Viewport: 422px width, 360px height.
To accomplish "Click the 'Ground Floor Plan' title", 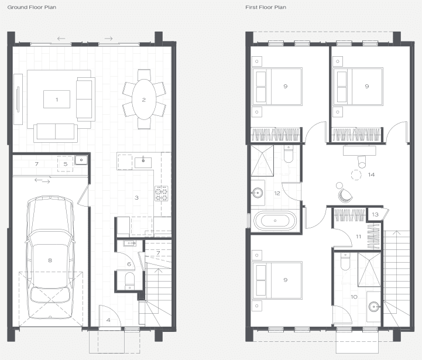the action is tap(32, 7).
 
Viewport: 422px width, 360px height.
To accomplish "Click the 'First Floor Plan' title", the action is tap(266, 7).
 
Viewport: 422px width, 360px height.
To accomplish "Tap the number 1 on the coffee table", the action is tap(57, 100).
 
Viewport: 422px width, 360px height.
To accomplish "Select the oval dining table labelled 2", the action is tap(144, 100).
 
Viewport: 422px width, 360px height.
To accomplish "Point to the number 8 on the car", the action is tap(50, 260).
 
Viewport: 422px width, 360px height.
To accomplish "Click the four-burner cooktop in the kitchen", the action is tap(161, 193).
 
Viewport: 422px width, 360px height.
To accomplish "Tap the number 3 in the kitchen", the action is tap(136, 198).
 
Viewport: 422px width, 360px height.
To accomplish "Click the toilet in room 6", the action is tap(130, 281).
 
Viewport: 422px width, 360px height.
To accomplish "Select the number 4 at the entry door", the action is tap(108, 320).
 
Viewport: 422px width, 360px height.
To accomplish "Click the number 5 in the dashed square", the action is tap(66, 164).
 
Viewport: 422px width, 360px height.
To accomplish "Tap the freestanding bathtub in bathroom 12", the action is tap(275, 221).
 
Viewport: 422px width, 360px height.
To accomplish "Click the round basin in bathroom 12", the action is tap(258, 193).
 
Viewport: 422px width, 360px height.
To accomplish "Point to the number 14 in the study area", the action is tap(371, 174).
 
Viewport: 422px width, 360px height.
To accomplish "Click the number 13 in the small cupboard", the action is tap(375, 214).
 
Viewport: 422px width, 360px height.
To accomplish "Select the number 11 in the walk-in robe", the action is tap(358, 236).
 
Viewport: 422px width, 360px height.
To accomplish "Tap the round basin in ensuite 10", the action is tap(374, 306).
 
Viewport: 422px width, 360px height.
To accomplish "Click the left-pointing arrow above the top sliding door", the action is tap(61, 39).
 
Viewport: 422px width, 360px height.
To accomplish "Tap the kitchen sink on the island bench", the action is tap(143, 163).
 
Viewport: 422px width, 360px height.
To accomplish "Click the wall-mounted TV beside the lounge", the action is tap(18, 99).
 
